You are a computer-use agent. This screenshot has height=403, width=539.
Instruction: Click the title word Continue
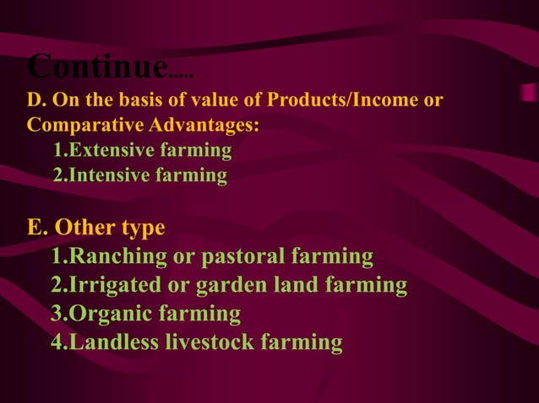pos(96,66)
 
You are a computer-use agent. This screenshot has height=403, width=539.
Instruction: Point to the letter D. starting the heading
pos(36,101)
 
